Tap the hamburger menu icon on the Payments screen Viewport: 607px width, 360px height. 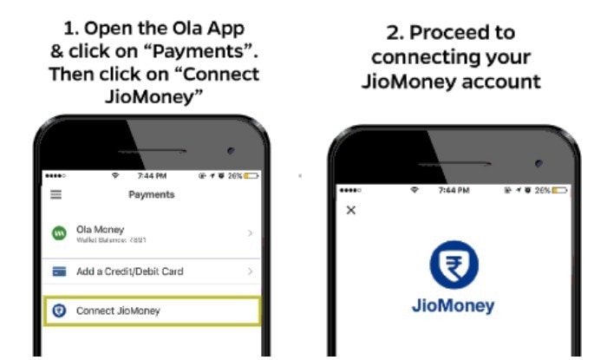(56, 194)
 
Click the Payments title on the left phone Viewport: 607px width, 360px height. (152, 194)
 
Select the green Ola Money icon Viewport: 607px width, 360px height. (59, 232)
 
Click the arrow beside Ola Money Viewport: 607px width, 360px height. (250, 232)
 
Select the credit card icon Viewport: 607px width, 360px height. (59, 272)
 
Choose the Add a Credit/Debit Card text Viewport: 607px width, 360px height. (130, 272)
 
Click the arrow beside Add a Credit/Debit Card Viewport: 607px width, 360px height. (250, 272)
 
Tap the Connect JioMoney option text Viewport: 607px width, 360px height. (118, 311)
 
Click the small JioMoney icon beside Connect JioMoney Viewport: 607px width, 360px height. (59, 311)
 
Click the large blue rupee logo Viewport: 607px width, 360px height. (452, 265)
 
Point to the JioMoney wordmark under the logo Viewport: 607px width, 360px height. (452, 306)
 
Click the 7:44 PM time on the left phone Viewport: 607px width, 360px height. (152, 175)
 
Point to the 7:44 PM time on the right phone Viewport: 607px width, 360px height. (454, 189)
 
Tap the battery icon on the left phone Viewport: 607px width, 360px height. (251, 175)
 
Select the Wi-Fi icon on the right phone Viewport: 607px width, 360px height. (414, 189)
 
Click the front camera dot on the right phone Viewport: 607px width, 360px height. (538, 163)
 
